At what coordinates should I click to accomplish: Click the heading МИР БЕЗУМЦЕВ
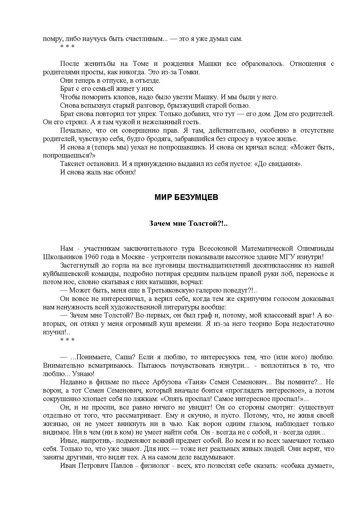click(186, 198)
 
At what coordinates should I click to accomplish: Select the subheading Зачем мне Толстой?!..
click(188, 223)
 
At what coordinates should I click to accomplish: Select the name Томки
click(190, 72)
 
